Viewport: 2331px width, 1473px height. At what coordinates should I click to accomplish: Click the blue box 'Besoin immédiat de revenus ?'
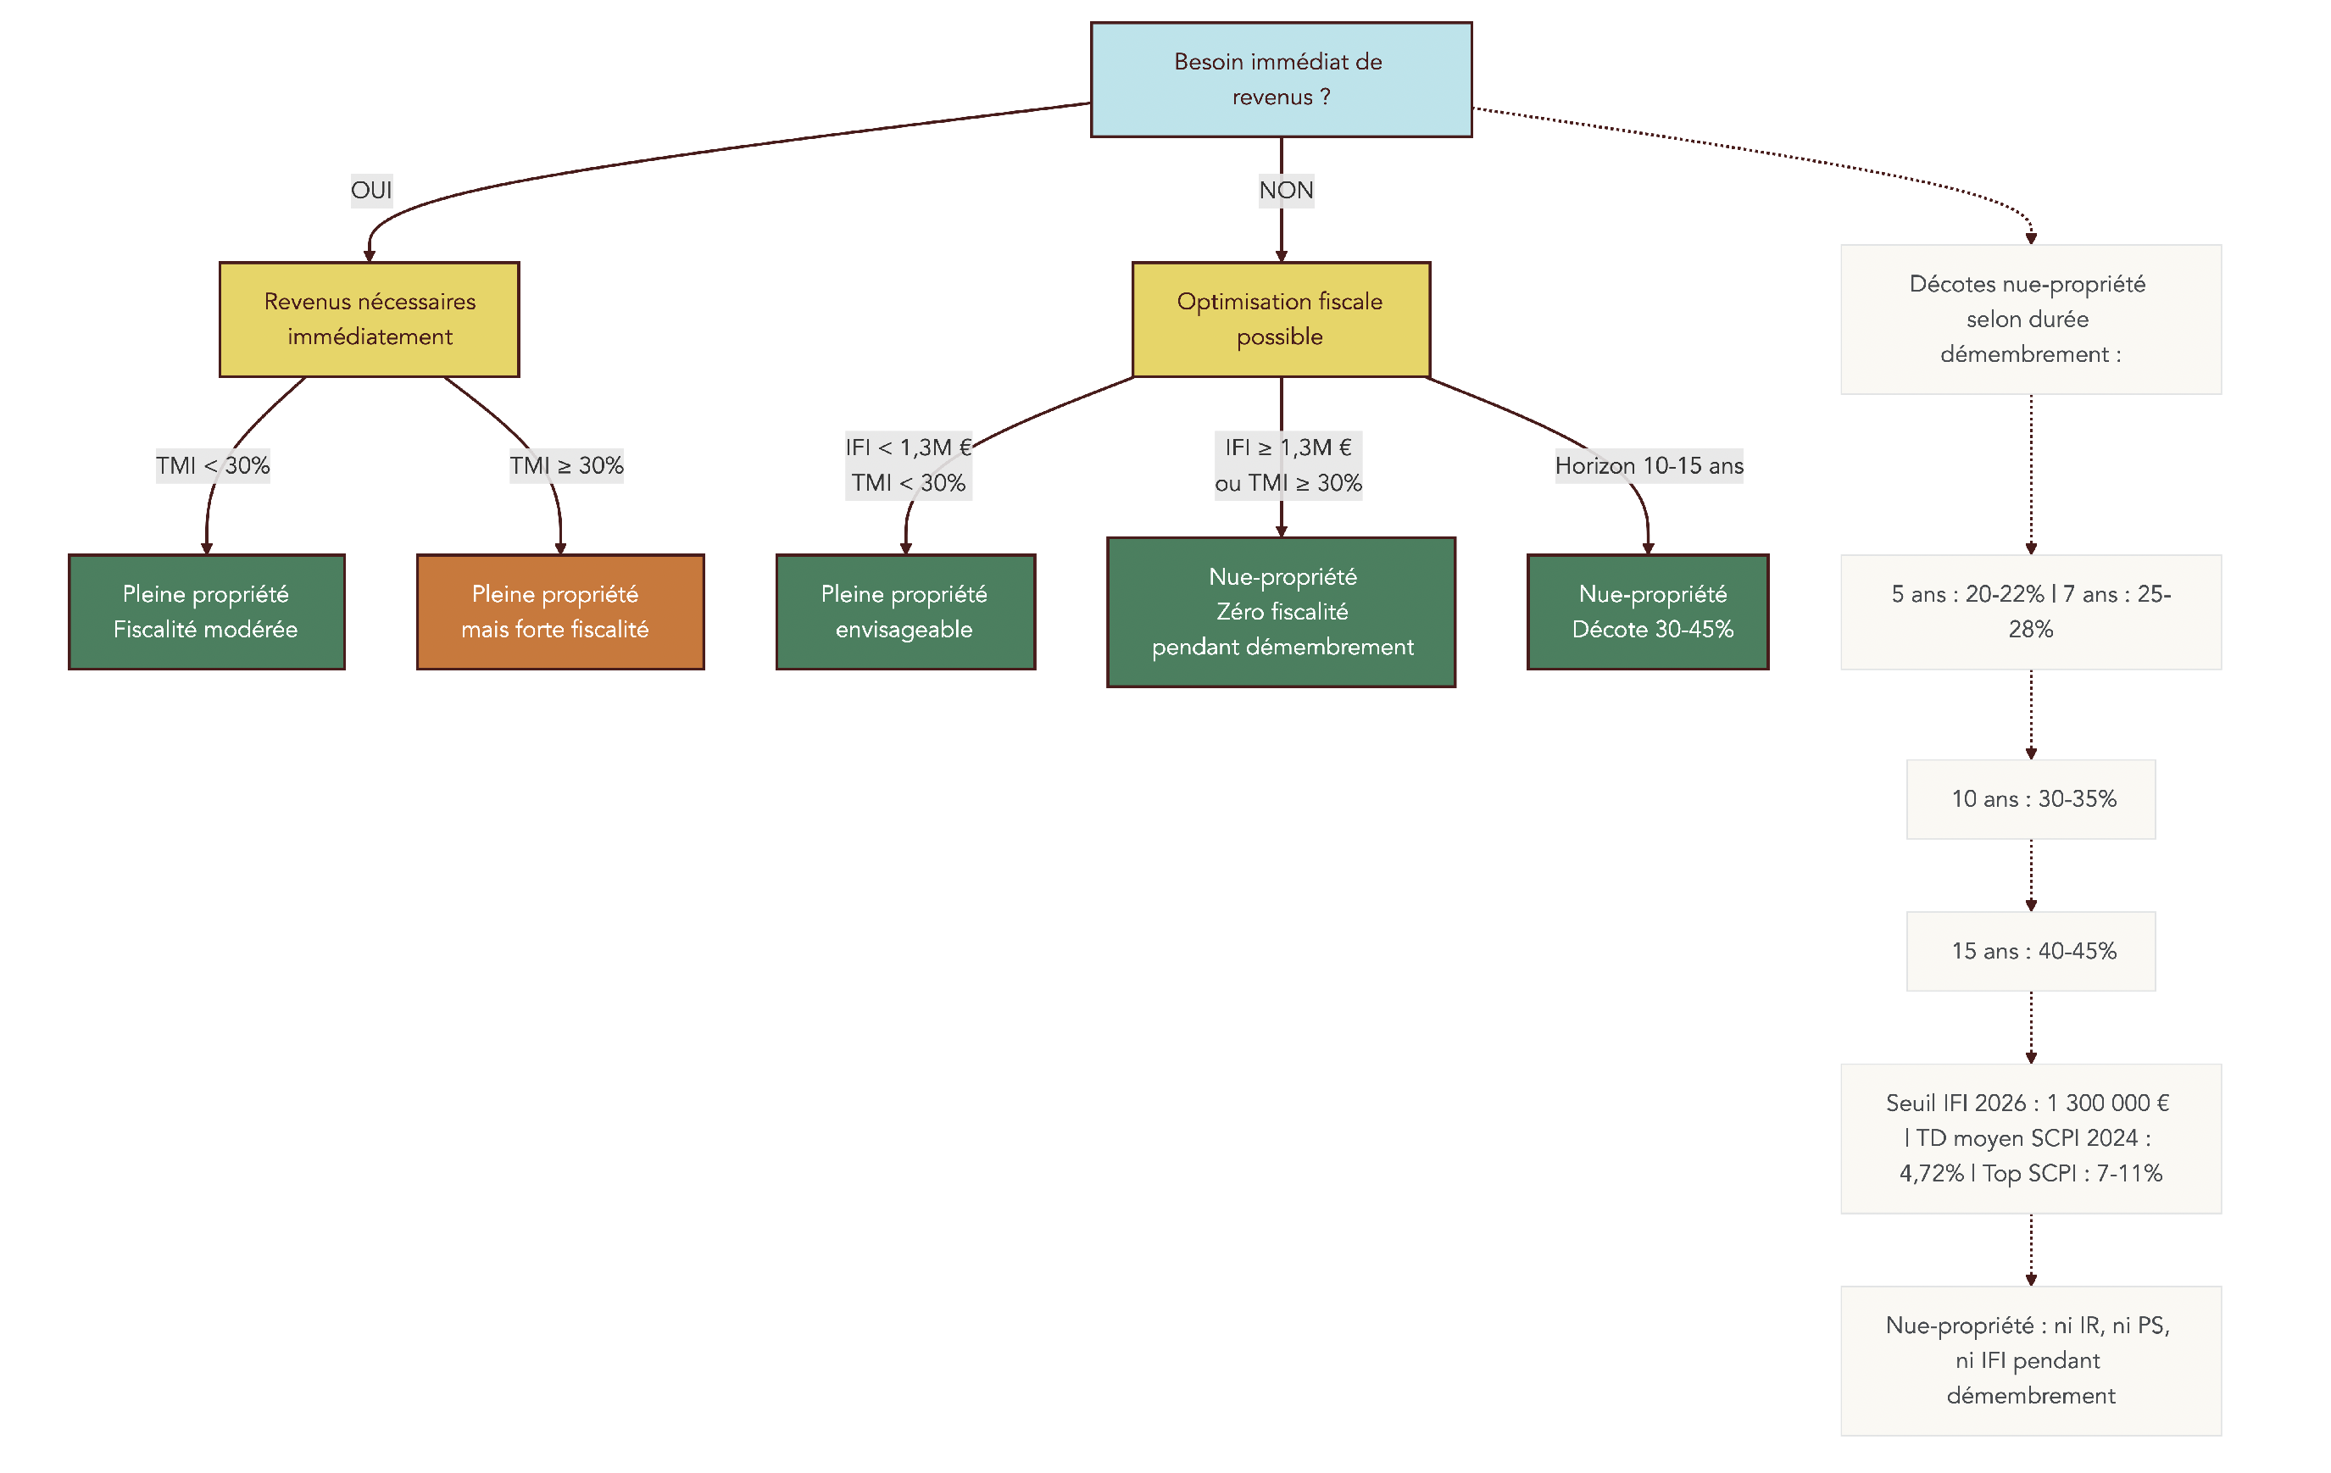tap(1281, 80)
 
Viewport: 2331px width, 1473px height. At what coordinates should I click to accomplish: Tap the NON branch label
tap(1286, 190)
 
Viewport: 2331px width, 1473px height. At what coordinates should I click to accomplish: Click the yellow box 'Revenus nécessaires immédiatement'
tap(369, 319)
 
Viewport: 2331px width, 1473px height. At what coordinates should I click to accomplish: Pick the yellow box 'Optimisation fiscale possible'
tap(1281, 319)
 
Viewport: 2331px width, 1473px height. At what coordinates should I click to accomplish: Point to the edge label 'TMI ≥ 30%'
tap(566, 465)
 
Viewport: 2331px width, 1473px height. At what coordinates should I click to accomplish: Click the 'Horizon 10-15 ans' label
tap(1649, 465)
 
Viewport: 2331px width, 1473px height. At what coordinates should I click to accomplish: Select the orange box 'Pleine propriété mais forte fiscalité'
tap(559, 612)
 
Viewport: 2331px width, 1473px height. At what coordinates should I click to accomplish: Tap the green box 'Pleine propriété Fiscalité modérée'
tap(206, 612)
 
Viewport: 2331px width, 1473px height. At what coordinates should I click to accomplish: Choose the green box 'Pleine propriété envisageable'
tap(905, 612)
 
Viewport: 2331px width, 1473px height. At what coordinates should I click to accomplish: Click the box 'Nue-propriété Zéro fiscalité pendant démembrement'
tap(1281, 612)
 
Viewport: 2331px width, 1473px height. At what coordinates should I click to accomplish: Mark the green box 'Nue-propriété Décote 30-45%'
tap(1648, 612)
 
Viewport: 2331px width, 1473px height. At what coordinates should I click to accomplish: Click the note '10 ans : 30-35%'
tap(2030, 798)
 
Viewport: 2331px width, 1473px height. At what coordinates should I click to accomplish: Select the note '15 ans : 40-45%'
tap(2030, 950)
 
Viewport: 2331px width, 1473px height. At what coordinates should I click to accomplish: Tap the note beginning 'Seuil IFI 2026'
tap(2030, 1138)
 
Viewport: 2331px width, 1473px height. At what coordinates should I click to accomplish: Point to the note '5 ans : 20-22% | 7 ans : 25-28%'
tap(2030, 612)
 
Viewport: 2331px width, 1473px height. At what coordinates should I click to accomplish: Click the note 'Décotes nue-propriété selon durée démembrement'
tap(2030, 319)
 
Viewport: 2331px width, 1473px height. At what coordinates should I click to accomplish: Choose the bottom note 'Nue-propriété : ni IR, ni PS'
tap(2030, 1359)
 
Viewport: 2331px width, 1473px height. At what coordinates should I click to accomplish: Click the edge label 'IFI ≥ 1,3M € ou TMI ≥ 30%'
tap(1288, 464)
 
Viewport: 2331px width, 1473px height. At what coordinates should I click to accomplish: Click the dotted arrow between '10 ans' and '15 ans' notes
tap(2031, 874)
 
